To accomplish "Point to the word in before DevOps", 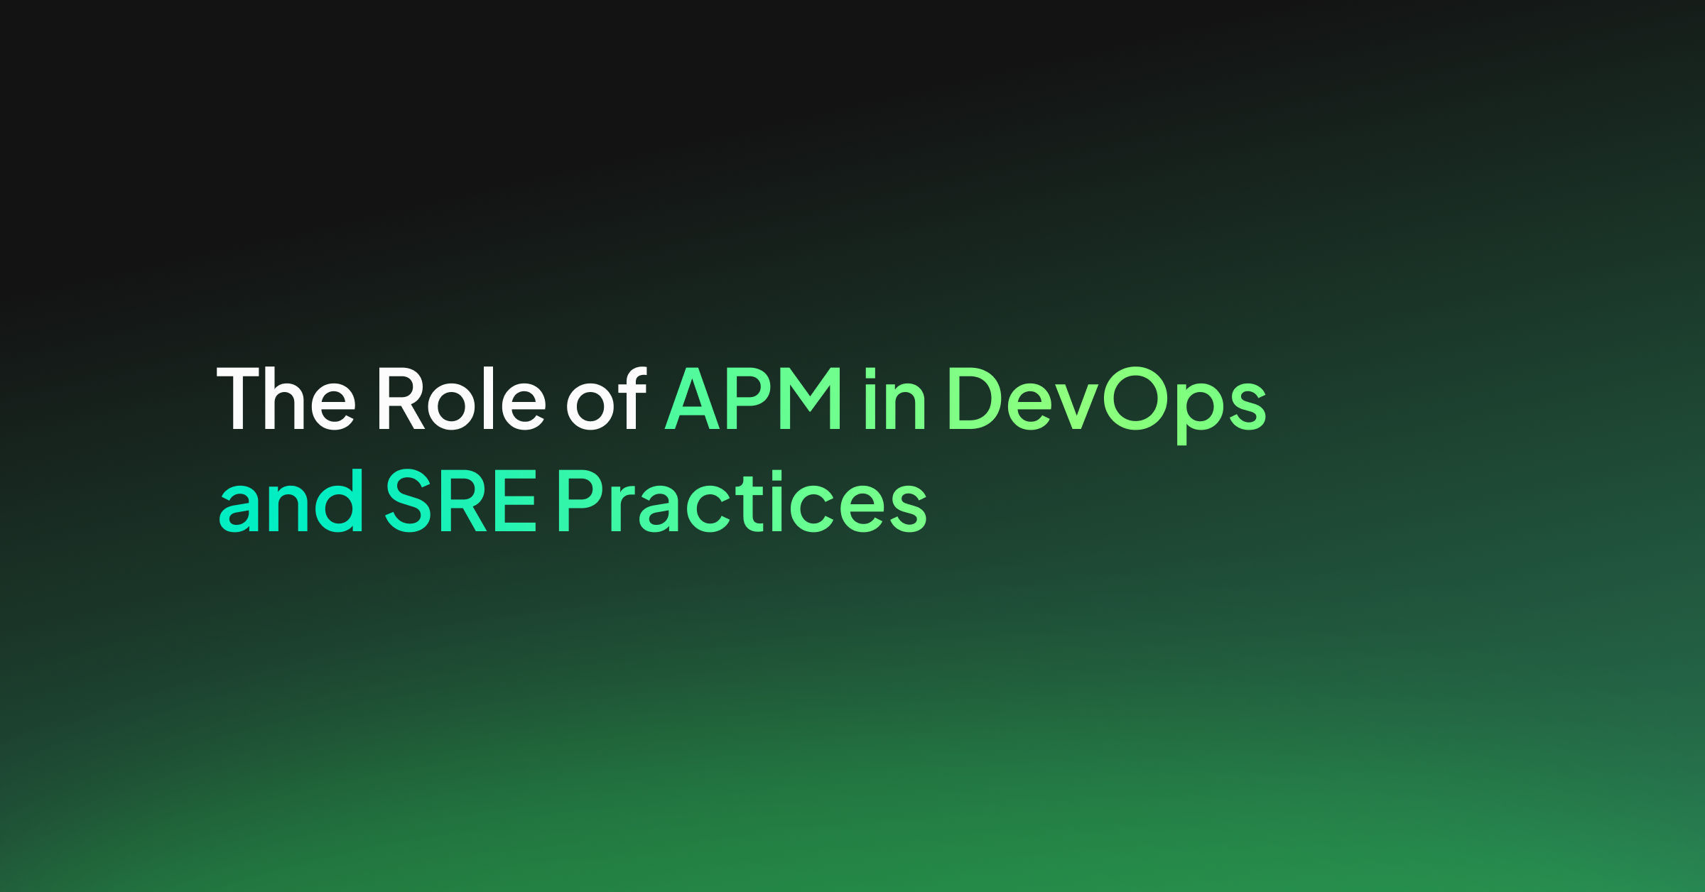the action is (895, 398).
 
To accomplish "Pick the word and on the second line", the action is (291, 501).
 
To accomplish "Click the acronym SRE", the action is (460, 501).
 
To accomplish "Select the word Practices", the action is (742, 501).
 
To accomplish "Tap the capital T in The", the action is (238, 399).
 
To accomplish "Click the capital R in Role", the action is (401, 399).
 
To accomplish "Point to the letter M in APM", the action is (811, 399).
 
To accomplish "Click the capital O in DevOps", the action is (1135, 398).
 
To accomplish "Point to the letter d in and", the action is (339, 501).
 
